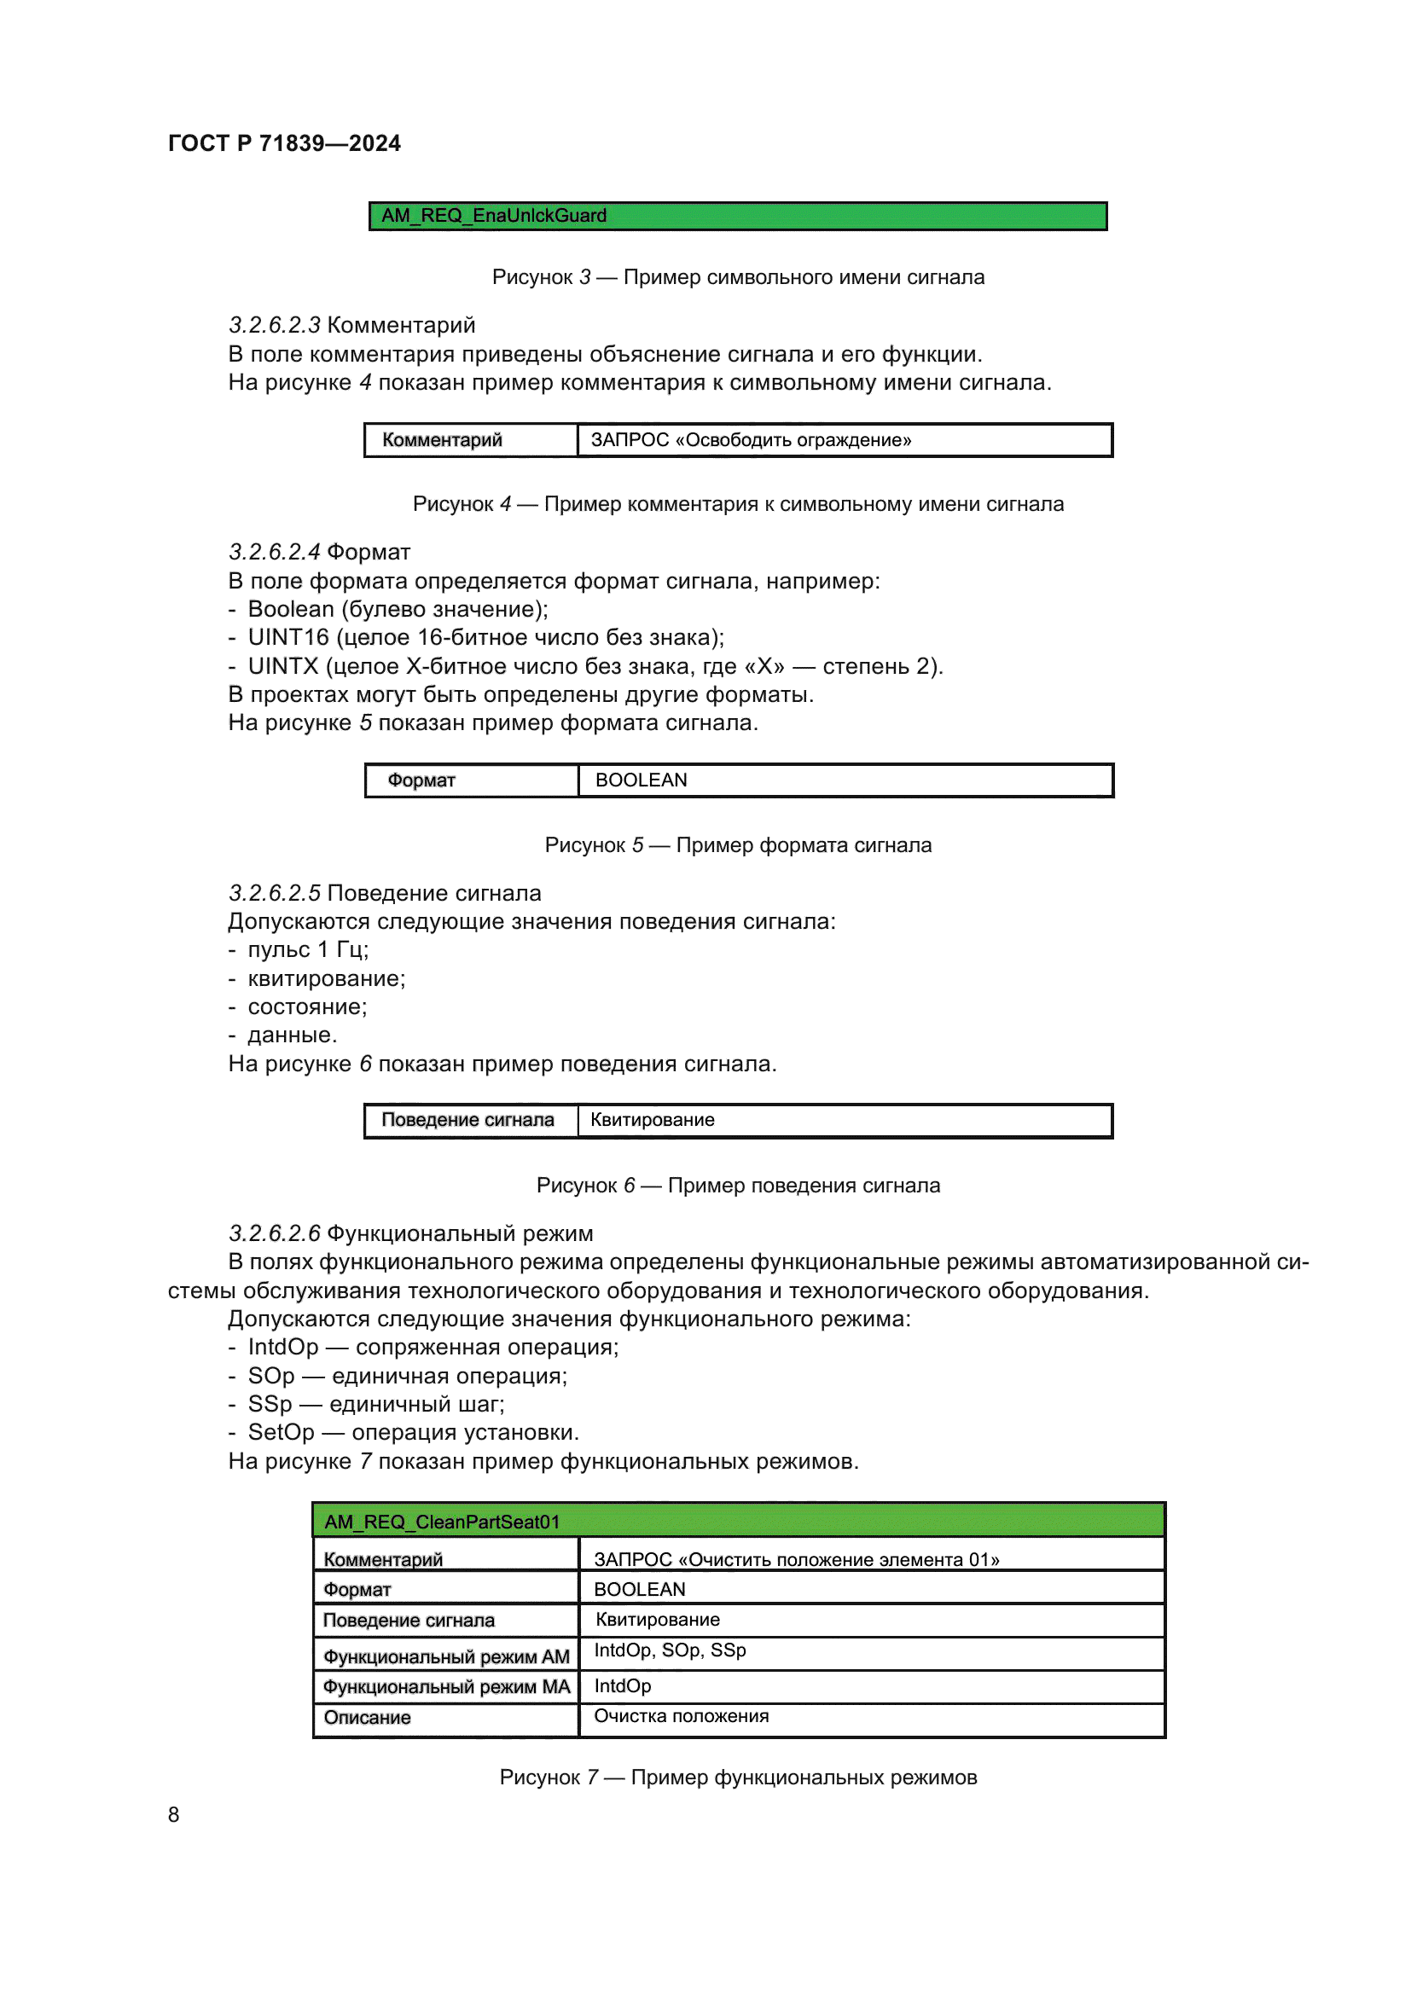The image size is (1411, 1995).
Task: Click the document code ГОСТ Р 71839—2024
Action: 284,143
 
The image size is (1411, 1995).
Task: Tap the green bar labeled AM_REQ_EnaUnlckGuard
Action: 737,216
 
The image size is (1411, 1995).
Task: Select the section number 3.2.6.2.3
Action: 275,325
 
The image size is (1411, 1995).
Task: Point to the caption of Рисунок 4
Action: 737,504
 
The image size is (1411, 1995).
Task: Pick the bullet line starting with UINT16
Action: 485,638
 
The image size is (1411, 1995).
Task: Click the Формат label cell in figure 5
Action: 471,780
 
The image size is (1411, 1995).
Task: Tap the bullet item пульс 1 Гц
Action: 308,949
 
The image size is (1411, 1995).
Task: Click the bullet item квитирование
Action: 326,978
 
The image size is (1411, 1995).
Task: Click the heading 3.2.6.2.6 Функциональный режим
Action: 410,1233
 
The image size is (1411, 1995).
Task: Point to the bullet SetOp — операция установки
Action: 413,1432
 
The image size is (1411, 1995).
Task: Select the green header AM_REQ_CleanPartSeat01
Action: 737,1522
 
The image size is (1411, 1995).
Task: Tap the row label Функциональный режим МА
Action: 445,1686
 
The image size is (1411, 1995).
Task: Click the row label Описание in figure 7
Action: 445,1718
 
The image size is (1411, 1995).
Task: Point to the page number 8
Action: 174,1814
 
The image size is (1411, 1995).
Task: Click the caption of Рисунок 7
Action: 737,1777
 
